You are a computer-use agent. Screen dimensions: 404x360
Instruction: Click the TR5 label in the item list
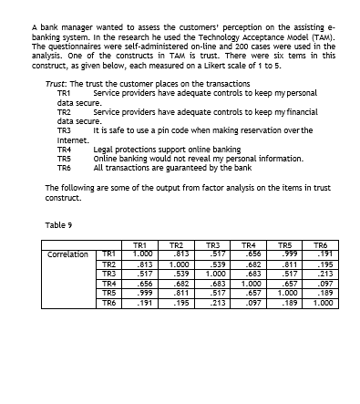64,158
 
